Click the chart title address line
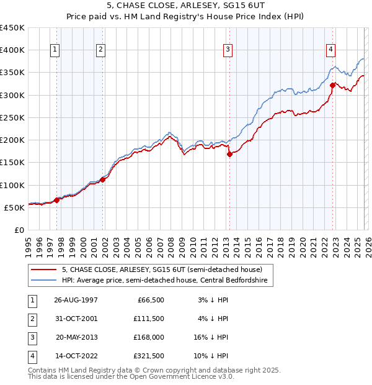click(x=185, y=6)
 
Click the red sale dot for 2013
click(x=229, y=155)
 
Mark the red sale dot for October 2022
click(x=333, y=85)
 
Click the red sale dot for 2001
click(x=103, y=179)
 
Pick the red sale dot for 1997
click(x=57, y=200)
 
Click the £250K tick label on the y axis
click(x=12, y=117)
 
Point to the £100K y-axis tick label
click(x=12, y=185)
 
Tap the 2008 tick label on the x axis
click(x=171, y=247)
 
